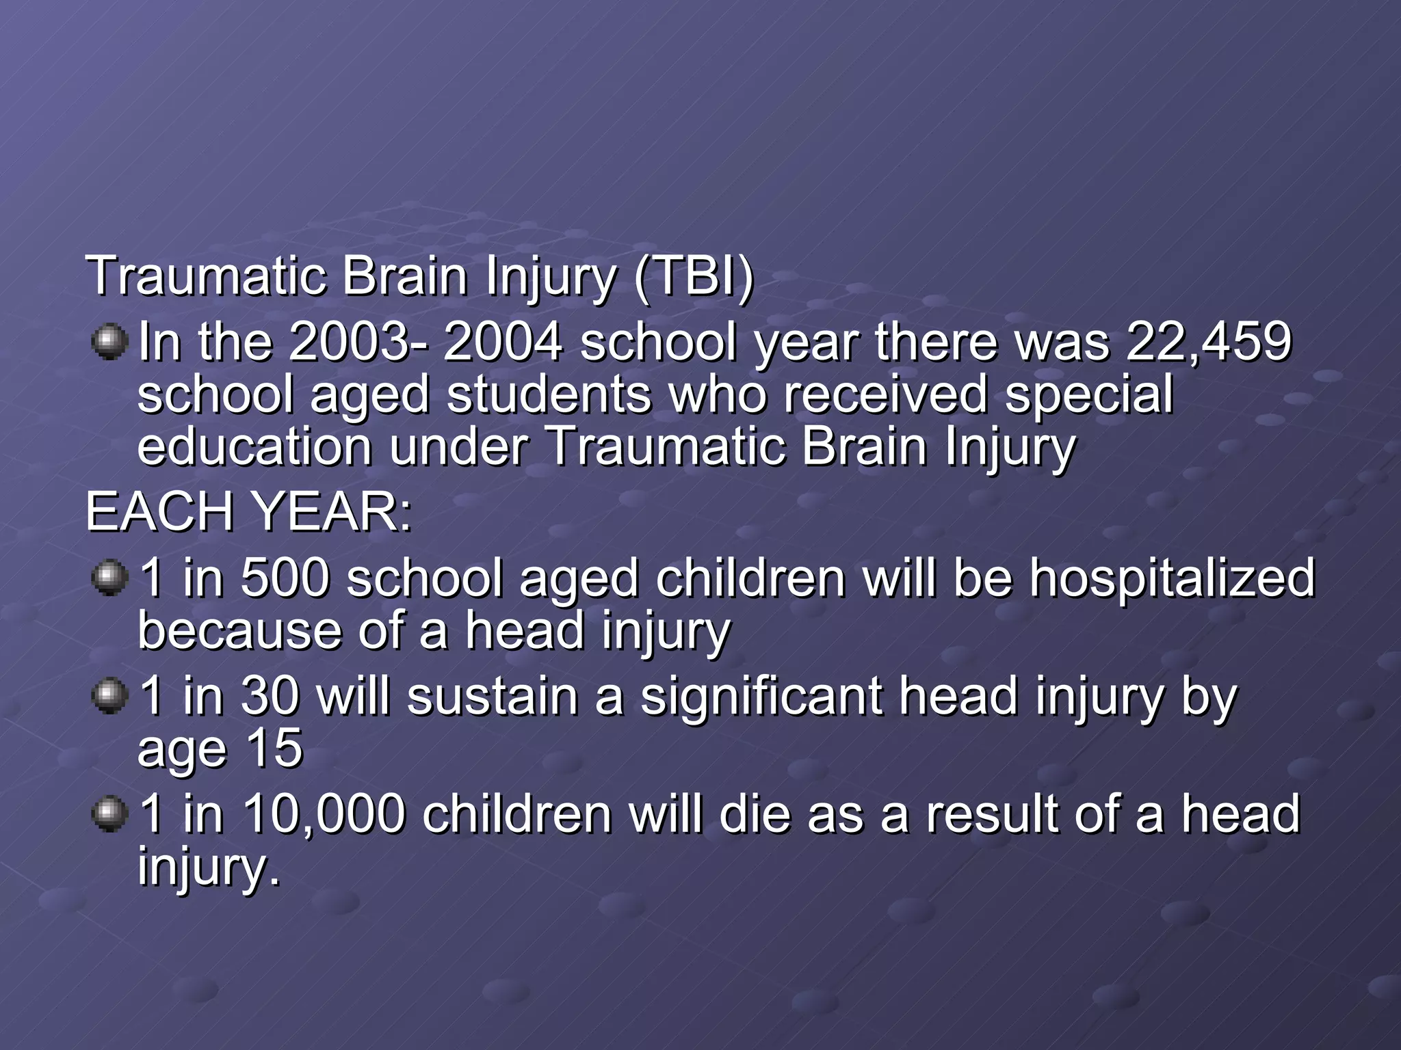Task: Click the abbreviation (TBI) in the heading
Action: (692, 275)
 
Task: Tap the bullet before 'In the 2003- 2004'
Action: (109, 342)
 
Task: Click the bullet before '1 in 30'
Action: (109, 697)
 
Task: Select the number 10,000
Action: (323, 813)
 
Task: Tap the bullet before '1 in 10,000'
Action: (109, 814)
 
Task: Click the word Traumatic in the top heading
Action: (205, 275)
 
